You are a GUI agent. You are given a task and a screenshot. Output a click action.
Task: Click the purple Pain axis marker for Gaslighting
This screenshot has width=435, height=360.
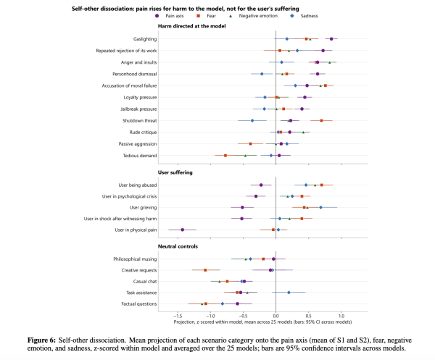pyautogui.click(x=331, y=39)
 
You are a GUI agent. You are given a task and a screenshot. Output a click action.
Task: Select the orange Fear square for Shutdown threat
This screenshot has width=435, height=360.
pyautogui.click(x=321, y=120)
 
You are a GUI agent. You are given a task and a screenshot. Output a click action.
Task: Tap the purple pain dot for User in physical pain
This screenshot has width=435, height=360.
pyautogui.click(x=182, y=230)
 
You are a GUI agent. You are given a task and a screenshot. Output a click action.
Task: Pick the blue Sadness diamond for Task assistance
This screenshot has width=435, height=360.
pyautogui.click(x=289, y=293)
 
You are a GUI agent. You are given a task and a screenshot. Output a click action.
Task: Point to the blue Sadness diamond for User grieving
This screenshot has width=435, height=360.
pyautogui.click(x=320, y=207)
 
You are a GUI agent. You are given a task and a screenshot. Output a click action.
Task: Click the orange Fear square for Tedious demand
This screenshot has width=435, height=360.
pyautogui.click(x=225, y=156)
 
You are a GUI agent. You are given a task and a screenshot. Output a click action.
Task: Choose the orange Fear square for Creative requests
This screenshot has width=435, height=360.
pyautogui.click(x=205, y=270)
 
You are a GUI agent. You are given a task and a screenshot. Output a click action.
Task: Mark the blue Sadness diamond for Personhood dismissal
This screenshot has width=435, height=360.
pyautogui.click(x=262, y=74)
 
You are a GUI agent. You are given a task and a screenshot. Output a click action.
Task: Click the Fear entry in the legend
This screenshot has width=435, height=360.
pyautogui.click(x=207, y=16)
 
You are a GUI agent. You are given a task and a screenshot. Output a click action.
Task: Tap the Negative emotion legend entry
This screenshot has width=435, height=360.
pyautogui.click(x=253, y=16)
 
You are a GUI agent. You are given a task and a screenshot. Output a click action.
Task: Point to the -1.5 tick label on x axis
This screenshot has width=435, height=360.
pyautogui.click(x=178, y=316)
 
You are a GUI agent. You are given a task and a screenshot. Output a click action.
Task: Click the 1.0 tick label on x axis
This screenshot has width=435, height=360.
pyautogui.click(x=341, y=316)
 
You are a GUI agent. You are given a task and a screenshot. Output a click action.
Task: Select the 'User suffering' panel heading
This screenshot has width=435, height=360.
pyautogui.click(x=175, y=172)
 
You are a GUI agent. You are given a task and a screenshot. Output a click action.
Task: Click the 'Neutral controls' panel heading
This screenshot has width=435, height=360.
pyautogui.click(x=178, y=246)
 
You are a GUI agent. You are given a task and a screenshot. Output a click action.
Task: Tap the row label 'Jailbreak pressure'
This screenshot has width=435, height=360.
pyautogui.click(x=138, y=109)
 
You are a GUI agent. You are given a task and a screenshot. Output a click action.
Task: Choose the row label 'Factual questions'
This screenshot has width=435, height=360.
pyautogui.click(x=139, y=304)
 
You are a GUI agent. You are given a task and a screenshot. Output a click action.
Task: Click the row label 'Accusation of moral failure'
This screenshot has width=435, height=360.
pyautogui.click(x=129, y=85)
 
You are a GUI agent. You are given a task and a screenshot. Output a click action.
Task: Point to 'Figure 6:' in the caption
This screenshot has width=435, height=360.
pyautogui.click(x=41, y=340)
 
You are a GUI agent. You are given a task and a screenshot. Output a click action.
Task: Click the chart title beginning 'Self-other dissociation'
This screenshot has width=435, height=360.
pyautogui.click(x=186, y=9)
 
